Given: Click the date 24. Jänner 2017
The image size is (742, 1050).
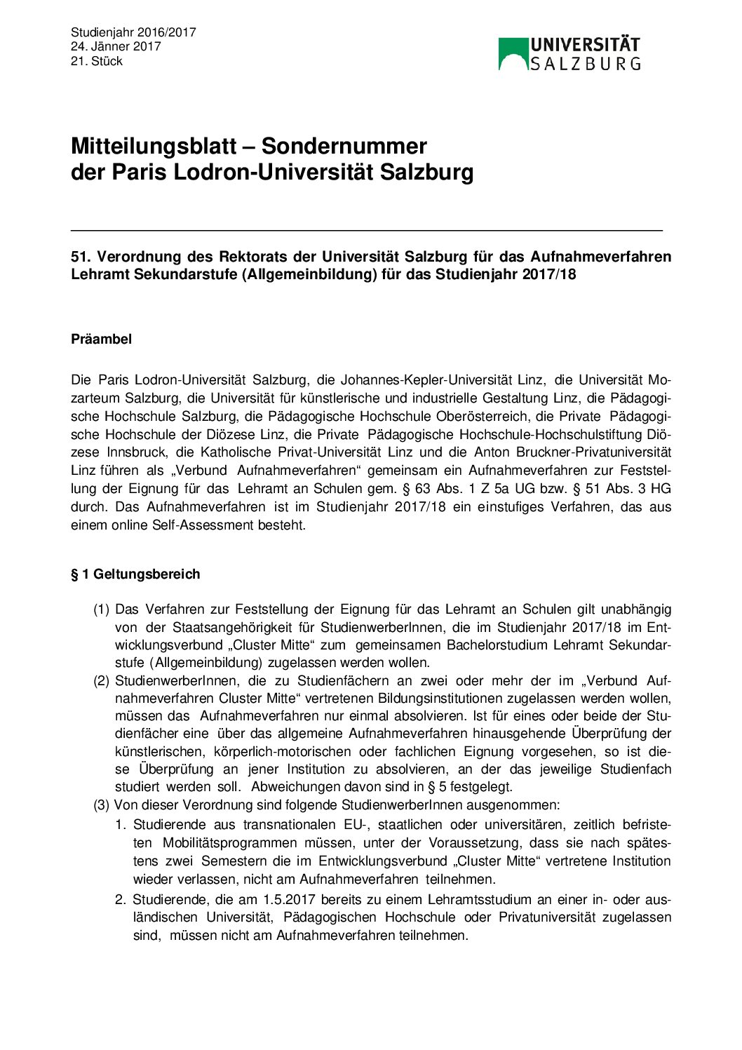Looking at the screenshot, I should point(116,46).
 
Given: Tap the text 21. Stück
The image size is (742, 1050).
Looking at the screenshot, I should point(97,61).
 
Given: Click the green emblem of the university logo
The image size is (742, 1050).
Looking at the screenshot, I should point(513,54).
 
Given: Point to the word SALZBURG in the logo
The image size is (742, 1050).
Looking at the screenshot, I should point(585,64).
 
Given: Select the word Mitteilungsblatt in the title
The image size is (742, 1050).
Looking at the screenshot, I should point(154,146).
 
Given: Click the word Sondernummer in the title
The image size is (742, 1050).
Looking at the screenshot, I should point(344,146).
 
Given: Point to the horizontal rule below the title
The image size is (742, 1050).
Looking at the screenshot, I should point(366,230).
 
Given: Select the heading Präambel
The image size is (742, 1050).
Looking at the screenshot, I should point(101,339).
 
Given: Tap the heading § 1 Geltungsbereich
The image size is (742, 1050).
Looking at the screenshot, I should point(135,574).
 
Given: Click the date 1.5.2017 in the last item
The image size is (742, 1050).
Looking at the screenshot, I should point(289,899).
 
